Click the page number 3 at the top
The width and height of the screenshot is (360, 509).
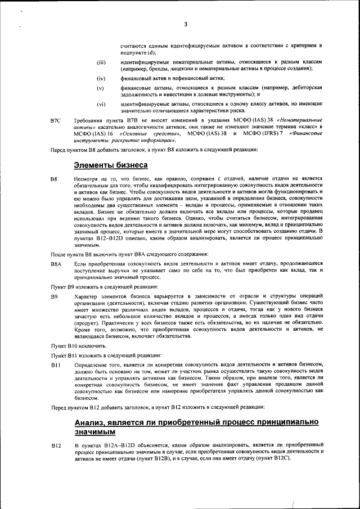point(184,24)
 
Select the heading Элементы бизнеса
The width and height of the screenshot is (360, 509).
point(111,165)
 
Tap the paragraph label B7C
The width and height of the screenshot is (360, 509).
point(55,120)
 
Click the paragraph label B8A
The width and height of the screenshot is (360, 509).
point(56,263)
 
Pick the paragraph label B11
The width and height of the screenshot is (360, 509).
point(55,366)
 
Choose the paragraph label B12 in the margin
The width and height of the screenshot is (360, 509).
point(56,446)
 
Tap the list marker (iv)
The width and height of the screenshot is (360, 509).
point(101,79)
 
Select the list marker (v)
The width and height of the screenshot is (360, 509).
point(101,88)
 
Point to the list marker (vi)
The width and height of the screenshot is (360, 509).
point(101,105)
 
